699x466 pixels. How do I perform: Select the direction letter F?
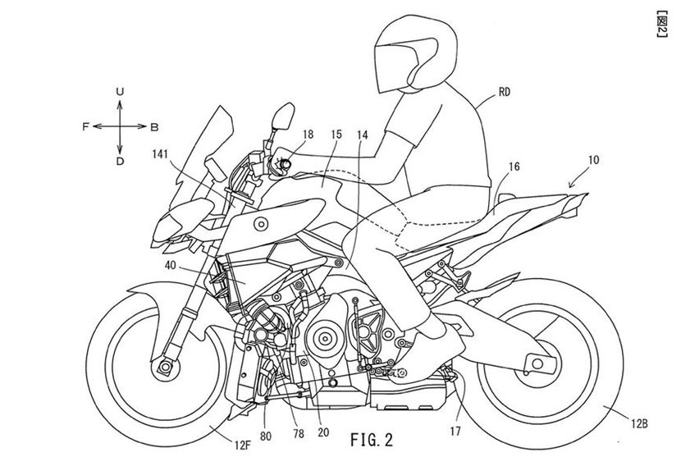coord(85,127)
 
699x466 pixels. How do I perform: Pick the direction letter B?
coord(153,127)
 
